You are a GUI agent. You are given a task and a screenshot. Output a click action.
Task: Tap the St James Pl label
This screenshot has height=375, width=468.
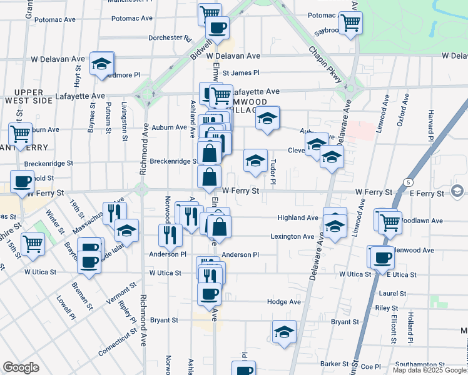point(241,73)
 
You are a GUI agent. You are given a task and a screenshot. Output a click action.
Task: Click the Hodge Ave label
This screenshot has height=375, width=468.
point(284,301)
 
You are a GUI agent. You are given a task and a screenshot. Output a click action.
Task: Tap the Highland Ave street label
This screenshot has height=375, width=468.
point(298,218)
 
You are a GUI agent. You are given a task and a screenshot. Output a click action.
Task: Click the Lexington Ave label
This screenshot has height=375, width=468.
point(292,237)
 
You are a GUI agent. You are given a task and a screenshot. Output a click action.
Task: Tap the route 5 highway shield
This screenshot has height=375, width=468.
point(408,182)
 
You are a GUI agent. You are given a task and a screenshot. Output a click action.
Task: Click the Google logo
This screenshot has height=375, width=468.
point(21,367)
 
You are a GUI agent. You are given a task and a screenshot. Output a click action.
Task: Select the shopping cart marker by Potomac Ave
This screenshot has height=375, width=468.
point(350,23)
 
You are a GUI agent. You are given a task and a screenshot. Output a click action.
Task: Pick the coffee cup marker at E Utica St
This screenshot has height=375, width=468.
point(382,257)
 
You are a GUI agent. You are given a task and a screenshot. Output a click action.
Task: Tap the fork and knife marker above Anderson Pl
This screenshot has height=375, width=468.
point(170,235)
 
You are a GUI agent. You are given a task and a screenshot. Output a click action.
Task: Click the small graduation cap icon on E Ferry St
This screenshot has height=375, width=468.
point(456,191)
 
